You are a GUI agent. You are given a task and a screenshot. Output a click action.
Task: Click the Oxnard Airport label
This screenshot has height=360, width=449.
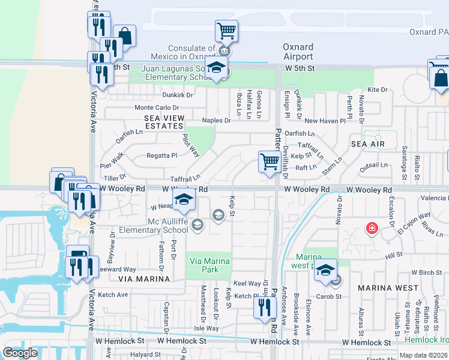298,52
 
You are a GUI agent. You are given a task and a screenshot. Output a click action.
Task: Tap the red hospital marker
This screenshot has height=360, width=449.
372,229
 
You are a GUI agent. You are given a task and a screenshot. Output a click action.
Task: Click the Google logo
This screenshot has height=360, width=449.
20,352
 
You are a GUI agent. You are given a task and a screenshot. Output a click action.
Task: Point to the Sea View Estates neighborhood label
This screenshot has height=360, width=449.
163,122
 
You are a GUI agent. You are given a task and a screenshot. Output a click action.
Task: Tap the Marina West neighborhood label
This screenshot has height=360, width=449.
388,288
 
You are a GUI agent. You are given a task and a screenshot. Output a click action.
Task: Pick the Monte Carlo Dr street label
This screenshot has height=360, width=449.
155,107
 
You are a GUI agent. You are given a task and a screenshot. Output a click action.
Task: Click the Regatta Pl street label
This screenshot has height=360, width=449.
162,155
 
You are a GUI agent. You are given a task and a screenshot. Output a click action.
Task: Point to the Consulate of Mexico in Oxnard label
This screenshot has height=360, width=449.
191,52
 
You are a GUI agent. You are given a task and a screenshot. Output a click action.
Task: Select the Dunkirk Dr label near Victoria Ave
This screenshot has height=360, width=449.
177,95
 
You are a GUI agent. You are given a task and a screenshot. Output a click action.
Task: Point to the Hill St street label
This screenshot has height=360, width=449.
393,255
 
